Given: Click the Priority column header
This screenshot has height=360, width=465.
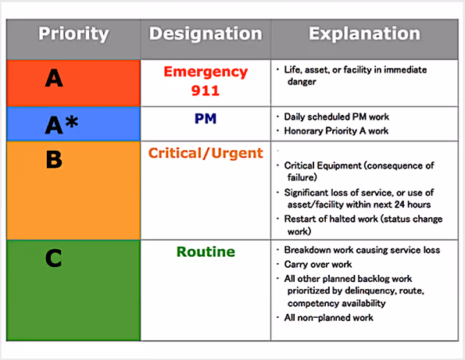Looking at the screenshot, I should [x=73, y=34].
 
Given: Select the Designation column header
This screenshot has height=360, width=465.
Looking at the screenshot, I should [x=206, y=34].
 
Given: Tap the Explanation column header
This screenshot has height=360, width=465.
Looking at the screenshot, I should [x=363, y=34].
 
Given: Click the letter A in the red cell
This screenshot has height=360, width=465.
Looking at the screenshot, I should [x=54, y=78].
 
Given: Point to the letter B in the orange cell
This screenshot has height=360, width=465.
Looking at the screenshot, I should [x=54, y=159].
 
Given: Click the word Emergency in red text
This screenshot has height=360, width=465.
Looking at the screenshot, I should [x=206, y=72].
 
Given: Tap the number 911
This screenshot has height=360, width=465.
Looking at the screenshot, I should [x=205, y=91].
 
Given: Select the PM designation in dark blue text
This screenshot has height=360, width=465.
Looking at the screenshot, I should [x=205, y=119].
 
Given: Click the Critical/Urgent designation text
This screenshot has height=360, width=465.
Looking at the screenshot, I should [x=206, y=153].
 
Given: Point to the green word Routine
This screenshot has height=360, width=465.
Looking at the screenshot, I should [x=206, y=252].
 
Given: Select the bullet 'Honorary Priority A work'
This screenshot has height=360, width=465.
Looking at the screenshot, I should [x=336, y=130].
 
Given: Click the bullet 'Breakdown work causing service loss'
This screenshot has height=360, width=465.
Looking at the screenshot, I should [x=362, y=250].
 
